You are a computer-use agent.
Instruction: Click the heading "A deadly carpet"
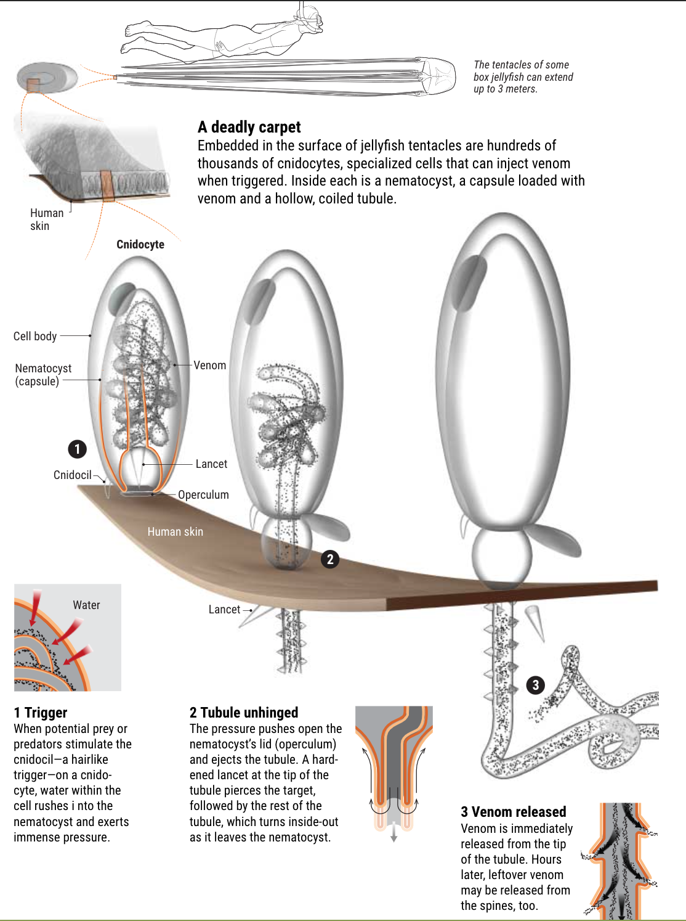pos(249,127)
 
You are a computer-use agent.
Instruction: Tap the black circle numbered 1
pos(77,449)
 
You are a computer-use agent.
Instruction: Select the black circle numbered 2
pos(330,559)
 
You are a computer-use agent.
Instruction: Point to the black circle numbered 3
pos(535,685)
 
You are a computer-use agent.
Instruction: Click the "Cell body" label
pos(34,336)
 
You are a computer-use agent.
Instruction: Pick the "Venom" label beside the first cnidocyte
pos(209,365)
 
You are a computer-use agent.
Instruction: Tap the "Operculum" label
pos(203,494)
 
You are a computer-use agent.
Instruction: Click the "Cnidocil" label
pos(72,475)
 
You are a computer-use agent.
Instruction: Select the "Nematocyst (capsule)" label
pos(42,375)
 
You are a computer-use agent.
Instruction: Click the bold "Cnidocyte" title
pos(140,244)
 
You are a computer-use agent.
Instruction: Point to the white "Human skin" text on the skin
pos(175,531)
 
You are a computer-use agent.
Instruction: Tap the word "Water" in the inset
pos(86,605)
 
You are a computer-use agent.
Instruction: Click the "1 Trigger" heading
pos(40,713)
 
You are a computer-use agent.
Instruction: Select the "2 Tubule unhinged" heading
pos(243,713)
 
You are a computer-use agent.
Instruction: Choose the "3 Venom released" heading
pos(514,811)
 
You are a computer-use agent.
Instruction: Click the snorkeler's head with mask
pos(312,20)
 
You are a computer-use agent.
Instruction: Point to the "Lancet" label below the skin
pos(224,609)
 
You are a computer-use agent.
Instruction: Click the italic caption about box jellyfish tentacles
pos(523,77)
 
